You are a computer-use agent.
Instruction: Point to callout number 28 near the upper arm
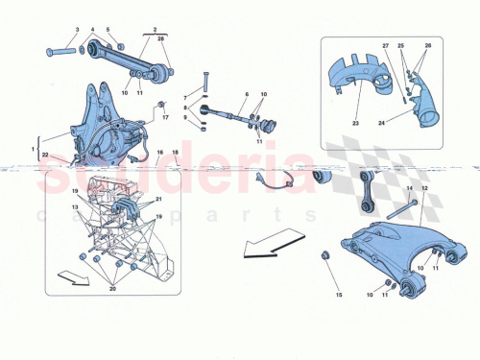coord(161,39)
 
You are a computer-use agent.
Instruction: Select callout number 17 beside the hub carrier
coord(165,118)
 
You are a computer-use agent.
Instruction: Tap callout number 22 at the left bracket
coord(45,155)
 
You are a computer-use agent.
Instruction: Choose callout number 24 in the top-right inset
coord(408,123)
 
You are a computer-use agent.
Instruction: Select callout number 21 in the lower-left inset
coord(147,198)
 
